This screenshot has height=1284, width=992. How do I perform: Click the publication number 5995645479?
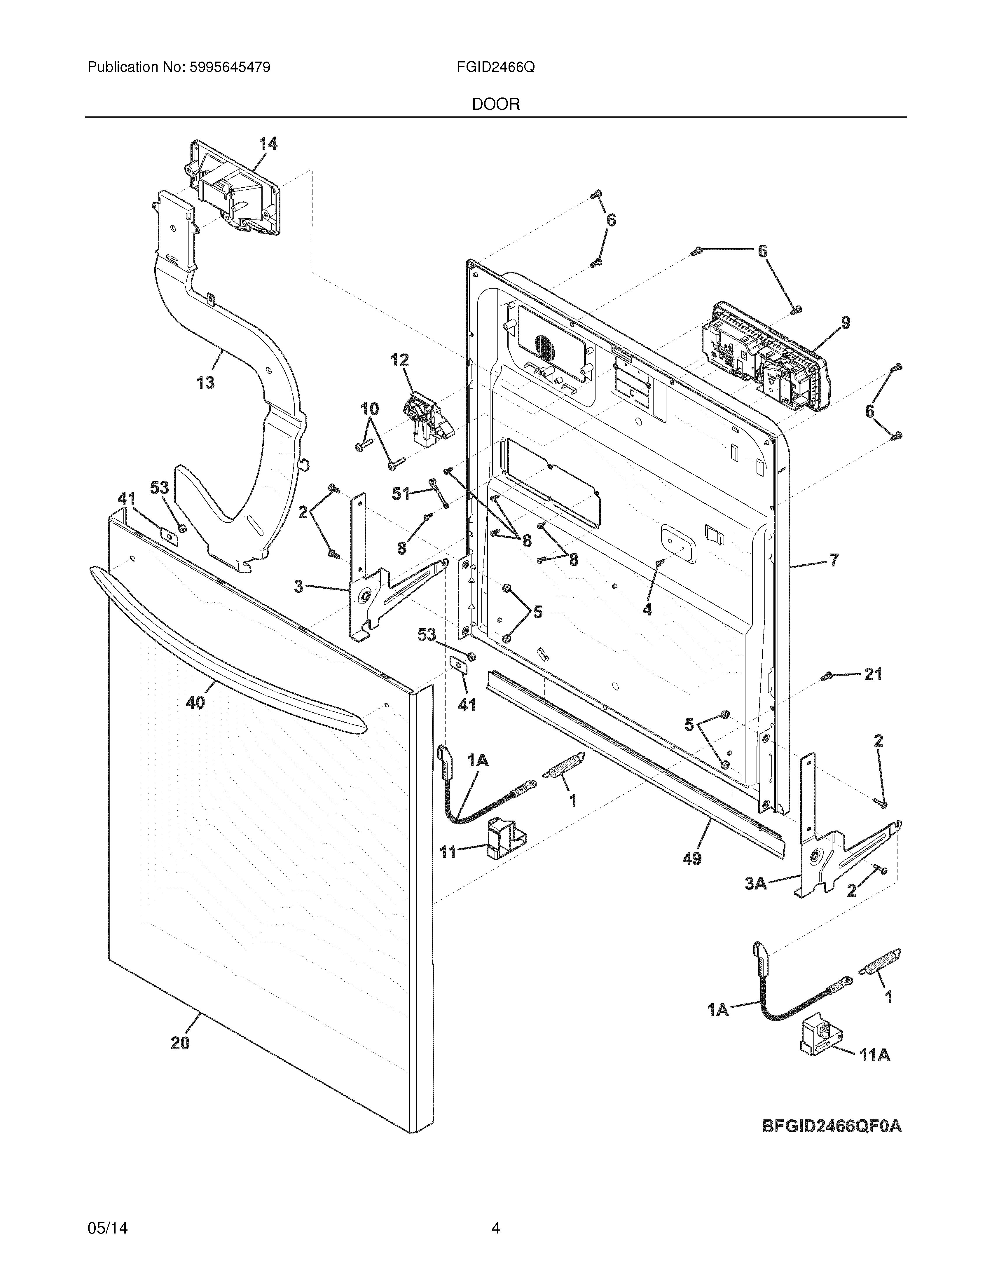coord(230,68)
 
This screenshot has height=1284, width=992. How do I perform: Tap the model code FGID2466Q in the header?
coord(495,68)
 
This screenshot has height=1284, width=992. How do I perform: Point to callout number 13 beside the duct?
coord(205,383)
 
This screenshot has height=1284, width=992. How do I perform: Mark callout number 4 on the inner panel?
coord(647,610)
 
